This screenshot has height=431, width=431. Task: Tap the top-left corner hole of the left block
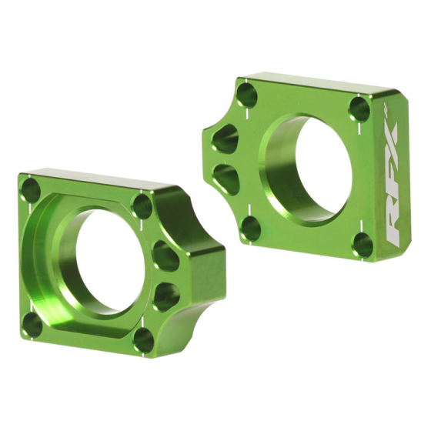coord(31,189)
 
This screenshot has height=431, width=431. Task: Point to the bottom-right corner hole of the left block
coord(143,339)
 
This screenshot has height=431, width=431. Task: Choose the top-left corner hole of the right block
coord(247,95)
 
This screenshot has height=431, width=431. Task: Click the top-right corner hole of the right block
coord(360,109)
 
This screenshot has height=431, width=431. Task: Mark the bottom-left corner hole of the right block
coord(249,226)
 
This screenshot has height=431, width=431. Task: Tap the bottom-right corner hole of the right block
coord(363,245)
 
